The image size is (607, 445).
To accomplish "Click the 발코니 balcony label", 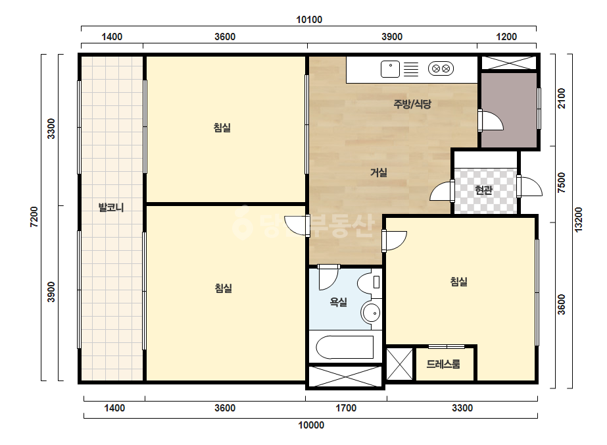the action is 111,207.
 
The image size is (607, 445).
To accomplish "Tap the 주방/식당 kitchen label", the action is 412,104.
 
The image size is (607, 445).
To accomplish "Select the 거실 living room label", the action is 379,172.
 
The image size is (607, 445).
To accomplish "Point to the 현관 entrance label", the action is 483,190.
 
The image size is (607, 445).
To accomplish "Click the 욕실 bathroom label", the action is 338,302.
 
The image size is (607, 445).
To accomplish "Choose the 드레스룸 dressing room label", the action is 443,364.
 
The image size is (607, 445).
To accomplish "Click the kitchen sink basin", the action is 390,69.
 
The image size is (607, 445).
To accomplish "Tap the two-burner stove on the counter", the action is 441,69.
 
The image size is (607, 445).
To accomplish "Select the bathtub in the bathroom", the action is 345,348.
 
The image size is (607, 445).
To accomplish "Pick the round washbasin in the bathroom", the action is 371,313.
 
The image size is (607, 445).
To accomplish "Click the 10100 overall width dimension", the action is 309,20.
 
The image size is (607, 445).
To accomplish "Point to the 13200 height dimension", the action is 578,220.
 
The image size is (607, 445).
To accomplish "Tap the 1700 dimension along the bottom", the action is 346,407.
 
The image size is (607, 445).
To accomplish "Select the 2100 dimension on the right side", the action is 562,99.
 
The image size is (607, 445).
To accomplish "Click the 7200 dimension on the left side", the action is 34,217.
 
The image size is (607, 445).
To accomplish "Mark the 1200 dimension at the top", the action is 506,37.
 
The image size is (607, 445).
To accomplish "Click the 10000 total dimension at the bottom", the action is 311,425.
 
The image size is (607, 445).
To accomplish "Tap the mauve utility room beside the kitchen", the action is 508,110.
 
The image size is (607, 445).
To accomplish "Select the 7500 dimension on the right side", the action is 562,182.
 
